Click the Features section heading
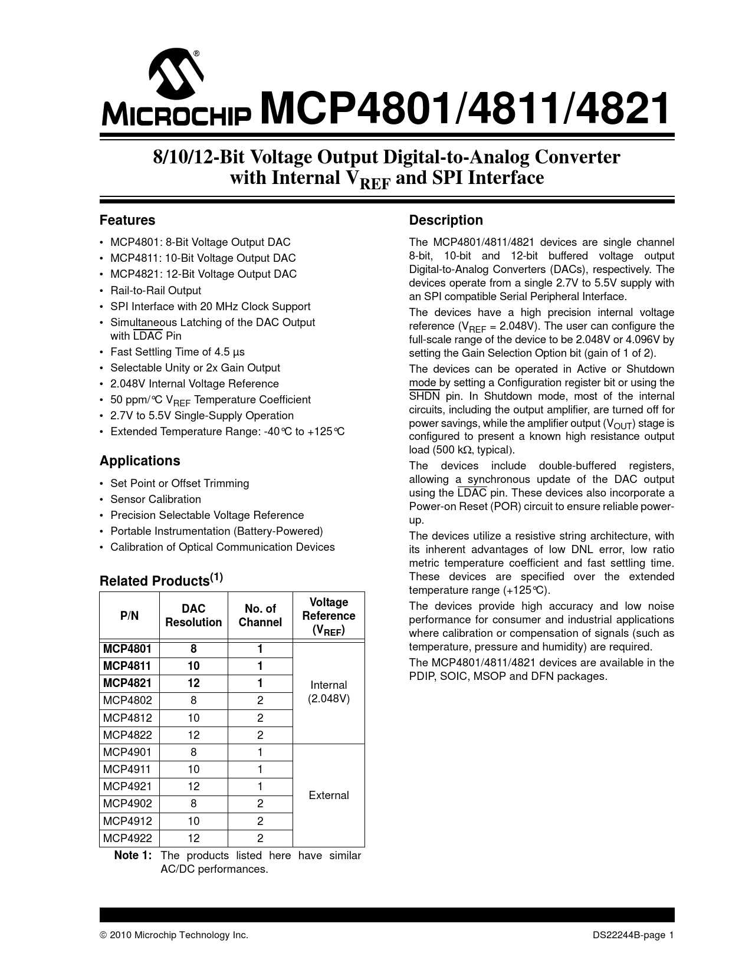(x=127, y=220)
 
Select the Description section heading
(x=446, y=220)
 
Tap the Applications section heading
(x=140, y=461)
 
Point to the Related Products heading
(x=160, y=580)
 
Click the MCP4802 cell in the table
(x=127, y=700)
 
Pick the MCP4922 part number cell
(x=127, y=838)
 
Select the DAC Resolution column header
(x=193, y=615)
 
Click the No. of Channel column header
(x=260, y=615)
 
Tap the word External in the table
(x=329, y=795)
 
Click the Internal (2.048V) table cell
(x=329, y=692)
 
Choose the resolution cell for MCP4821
(x=193, y=683)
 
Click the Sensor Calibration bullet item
(x=156, y=499)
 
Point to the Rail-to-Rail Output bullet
(x=156, y=290)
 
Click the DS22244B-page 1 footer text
(x=633, y=935)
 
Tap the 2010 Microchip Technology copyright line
(x=174, y=935)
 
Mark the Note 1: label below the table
(x=133, y=855)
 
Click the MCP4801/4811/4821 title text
(x=465, y=109)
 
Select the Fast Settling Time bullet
(x=178, y=351)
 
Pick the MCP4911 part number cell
(x=127, y=769)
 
